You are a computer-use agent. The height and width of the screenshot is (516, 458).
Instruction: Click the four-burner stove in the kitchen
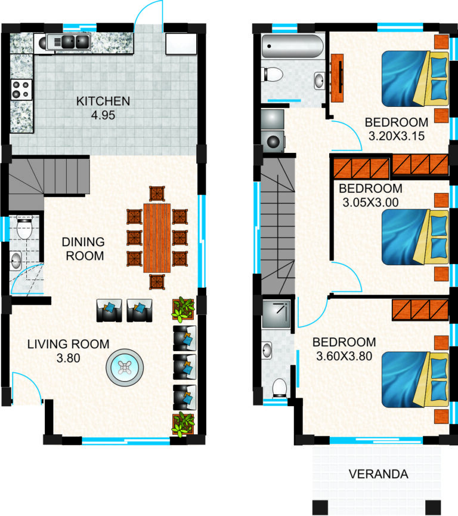pyautogui.click(x=21, y=90)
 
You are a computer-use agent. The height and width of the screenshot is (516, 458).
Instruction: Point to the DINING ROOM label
pyautogui.click(x=83, y=249)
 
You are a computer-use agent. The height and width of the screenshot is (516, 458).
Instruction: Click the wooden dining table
pyautogui.click(x=157, y=237)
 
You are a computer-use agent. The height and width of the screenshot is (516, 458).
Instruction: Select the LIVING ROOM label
pyautogui.click(x=68, y=344)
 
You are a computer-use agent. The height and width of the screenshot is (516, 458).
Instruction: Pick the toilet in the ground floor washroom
pyautogui.click(x=24, y=228)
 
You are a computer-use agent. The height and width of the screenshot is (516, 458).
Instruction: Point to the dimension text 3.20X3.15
pyautogui.click(x=396, y=136)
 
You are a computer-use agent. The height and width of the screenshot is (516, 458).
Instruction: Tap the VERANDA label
pyautogui.click(x=379, y=475)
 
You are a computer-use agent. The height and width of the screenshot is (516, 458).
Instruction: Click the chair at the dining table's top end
pyautogui.click(x=157, y=194)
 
